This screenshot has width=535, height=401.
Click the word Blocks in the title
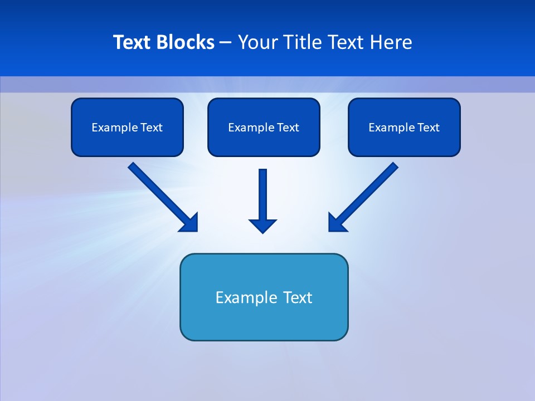pos(186,42)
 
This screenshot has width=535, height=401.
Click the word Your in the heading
pos(257,42)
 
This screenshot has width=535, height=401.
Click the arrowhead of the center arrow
pos(263,226)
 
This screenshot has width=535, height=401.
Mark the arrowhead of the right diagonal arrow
pos(336,223)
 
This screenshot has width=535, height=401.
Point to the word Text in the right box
pos(429,128)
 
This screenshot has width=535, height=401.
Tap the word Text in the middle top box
pos(288,128)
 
